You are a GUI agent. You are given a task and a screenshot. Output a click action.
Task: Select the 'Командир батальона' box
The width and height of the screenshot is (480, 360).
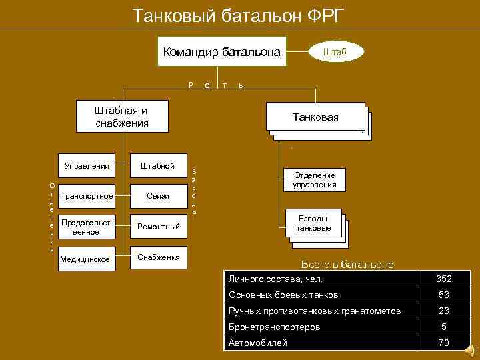coord(221,52)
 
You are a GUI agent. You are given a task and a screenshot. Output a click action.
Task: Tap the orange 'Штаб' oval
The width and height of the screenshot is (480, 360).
coord(335,51)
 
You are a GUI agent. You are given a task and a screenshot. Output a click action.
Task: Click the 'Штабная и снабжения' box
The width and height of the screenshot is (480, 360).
coord(122,117)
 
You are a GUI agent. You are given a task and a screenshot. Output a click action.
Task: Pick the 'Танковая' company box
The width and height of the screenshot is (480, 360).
coord(315,117)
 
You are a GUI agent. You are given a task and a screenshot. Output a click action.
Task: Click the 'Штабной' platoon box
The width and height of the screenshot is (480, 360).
coord(158,165)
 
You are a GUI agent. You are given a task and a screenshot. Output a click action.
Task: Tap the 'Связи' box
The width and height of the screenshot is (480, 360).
coord(158,196)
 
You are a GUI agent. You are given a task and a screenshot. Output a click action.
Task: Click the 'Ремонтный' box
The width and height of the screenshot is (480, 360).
coord(158,227)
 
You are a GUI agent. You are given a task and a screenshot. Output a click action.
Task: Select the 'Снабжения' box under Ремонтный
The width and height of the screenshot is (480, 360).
coord(158,257)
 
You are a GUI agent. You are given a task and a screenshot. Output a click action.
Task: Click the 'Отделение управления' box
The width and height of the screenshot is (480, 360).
coord(314,180)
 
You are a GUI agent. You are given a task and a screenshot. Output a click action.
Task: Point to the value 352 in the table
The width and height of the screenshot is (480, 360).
coord(443,279)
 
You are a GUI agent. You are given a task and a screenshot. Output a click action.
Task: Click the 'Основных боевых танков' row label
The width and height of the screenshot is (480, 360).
coord(283,295)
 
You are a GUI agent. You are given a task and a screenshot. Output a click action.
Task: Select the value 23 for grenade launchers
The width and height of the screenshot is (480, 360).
coord(443,311)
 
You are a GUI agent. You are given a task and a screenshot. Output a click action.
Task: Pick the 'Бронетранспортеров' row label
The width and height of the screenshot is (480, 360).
coord(274,327)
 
